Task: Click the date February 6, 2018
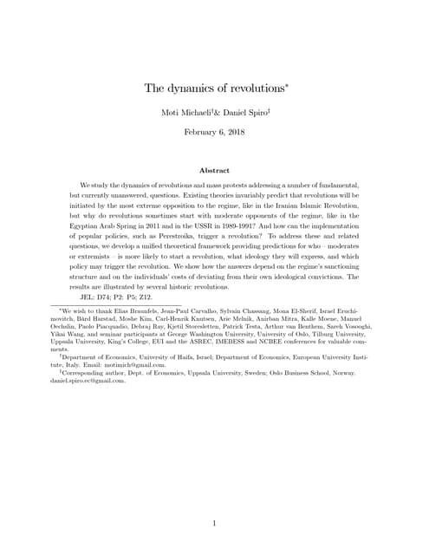tap(214, 132)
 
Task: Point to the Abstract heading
tap(214, 171)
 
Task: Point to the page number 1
tap(214, 499)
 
